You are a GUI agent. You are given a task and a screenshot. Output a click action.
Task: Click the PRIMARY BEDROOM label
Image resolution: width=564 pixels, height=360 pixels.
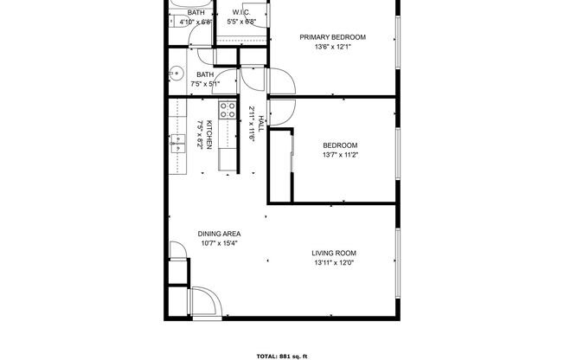(333, 37)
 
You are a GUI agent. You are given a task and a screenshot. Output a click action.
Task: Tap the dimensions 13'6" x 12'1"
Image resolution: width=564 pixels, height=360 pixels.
(333, 48)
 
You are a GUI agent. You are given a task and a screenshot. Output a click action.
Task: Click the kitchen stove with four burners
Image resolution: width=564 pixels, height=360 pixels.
(228, 110)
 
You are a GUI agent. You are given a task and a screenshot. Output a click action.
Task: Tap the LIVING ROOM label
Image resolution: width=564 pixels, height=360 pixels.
(334, 254)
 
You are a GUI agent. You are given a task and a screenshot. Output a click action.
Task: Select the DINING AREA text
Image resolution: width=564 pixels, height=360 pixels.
(220, 234)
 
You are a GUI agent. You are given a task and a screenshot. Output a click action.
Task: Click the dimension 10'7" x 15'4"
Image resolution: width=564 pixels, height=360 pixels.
(220, 244)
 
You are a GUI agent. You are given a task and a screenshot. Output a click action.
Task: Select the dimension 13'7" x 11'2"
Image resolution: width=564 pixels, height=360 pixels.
(340, 156)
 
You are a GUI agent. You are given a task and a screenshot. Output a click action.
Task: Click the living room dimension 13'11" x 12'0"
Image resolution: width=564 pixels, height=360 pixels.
(334, 263)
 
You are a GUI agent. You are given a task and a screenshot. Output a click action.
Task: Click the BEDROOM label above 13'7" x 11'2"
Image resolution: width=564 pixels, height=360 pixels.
(340, 145)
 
